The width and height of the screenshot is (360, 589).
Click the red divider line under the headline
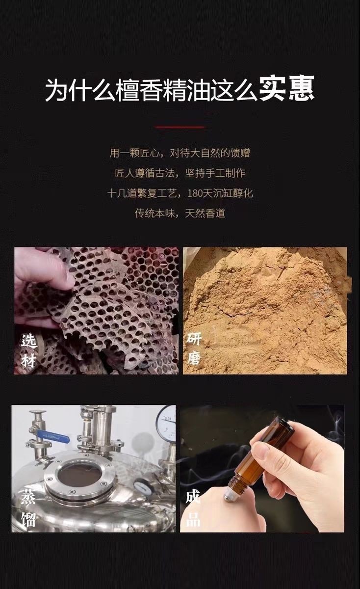(x=180, y=127)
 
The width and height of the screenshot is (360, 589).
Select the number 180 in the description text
(x=194, y=193)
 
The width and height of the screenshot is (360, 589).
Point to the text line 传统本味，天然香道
(x=180, y=213)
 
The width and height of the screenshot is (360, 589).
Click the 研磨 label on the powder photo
(x=194, y=348)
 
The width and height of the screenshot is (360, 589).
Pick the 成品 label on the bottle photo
(x=193, y=509)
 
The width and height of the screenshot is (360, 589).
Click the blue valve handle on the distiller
(x=53, y=437)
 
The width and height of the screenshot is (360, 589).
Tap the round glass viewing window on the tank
(x=79, y=476)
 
